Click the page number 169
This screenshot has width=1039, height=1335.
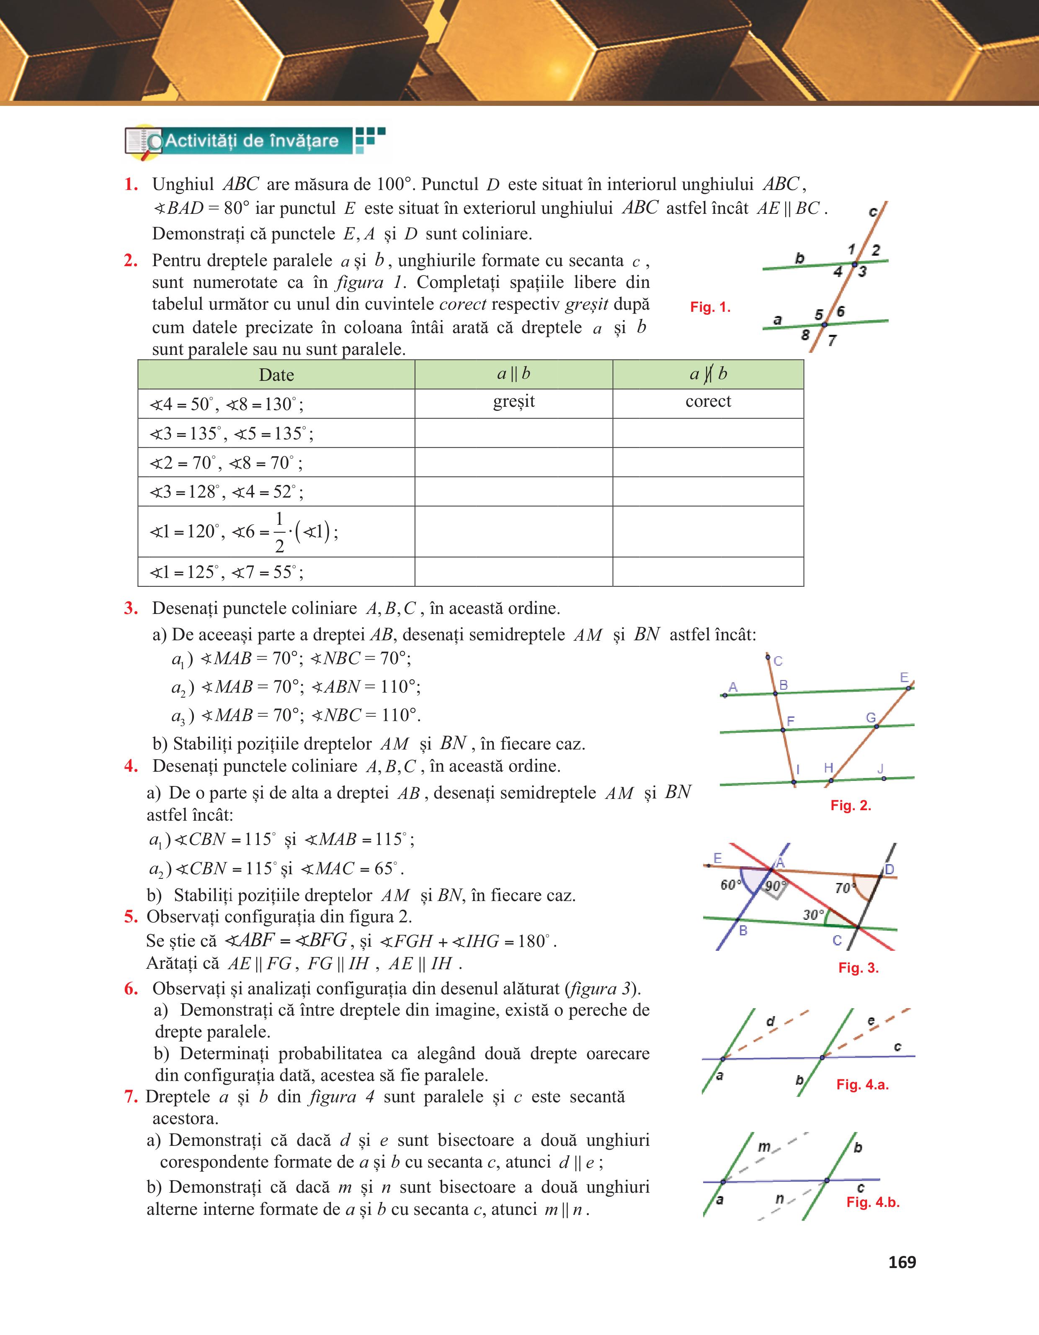pos(902,1262)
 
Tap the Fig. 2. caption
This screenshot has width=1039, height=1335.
pos(850,805)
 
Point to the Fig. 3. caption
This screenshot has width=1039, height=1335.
pos(858,968)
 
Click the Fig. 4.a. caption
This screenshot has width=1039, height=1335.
pos(862,1084)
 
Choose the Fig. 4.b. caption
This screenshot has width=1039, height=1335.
pos(873,1202)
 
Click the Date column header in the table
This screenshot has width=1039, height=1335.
pos(276,375)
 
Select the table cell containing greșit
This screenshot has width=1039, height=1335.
pos(514,402)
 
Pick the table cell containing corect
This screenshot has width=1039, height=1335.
pos(708,402)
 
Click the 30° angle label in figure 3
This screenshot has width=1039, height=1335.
pos(813,914)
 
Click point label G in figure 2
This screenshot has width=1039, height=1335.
pos(871,718)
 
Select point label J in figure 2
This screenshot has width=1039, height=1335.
pos(881,768)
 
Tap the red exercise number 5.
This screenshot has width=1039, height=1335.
pos(131,916)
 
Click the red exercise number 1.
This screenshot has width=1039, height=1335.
pos(131,184)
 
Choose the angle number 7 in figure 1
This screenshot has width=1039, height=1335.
pos(832,341)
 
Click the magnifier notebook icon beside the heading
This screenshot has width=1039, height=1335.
pos(143,142)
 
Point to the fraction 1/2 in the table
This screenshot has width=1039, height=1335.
pos(279,531)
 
